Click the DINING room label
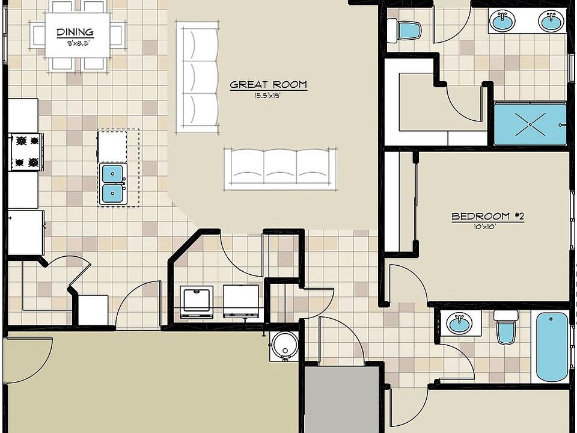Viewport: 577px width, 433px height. pos(75,32)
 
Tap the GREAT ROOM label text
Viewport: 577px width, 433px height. pos(268,85)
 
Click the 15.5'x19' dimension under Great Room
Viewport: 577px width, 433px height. pos(268,95)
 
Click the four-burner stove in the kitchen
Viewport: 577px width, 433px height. pos(26,152)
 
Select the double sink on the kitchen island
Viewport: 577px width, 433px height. pos(112,183)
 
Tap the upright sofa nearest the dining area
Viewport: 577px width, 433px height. pos(197,77)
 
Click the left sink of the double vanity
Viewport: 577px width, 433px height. pos(502,22)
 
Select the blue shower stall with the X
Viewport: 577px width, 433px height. pos(530,124)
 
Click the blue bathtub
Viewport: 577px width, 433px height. pos(551,346)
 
